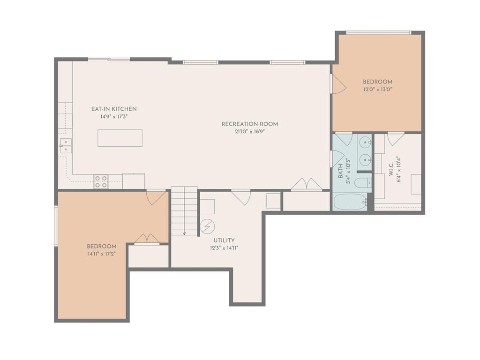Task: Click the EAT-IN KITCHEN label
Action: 114,109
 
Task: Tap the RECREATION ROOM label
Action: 250,124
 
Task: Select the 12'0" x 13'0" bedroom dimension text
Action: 378,90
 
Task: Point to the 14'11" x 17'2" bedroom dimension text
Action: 102,254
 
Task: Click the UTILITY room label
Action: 224,240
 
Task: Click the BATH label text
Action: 340,171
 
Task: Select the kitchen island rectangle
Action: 120,138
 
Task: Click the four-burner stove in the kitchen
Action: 101,181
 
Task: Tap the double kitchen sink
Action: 66,145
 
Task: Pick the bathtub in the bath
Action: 350,202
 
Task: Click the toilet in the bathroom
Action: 363,183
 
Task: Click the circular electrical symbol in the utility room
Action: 207,226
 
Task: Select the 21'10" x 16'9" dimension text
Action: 250,132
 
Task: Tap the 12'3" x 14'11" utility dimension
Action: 224,248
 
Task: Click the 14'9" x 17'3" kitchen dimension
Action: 114,117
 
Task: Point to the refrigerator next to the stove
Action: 134,181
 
